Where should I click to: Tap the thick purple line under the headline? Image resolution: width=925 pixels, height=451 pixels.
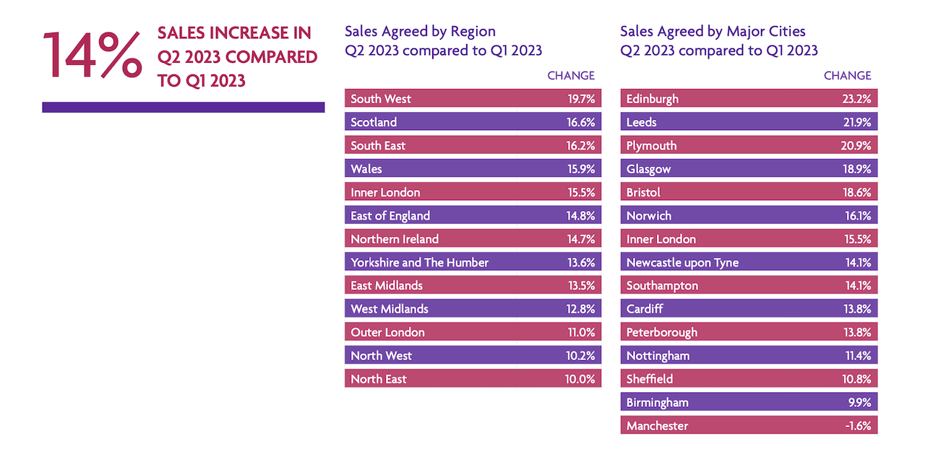[183, 107]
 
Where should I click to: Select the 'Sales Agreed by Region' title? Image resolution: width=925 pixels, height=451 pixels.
[420, 31]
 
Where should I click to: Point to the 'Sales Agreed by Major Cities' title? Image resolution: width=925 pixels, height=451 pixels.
[713, 31]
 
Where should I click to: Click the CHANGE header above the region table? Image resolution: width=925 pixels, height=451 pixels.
[571, 75]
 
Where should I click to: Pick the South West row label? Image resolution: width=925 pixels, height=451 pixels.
[381, 99]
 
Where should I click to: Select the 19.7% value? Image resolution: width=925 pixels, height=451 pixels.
[581, 99]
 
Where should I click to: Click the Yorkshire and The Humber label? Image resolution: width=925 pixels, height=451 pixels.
[419, 262]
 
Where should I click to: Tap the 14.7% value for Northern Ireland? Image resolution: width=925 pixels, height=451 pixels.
[581, 239]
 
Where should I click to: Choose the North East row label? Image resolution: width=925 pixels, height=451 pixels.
[379, 379]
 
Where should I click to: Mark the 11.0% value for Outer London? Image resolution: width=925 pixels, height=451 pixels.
[581, 332]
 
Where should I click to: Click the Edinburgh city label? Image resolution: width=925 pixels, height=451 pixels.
[653, 99]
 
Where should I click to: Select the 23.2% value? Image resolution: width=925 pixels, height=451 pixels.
[857, 99]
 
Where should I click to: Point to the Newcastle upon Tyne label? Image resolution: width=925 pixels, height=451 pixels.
[682, 262]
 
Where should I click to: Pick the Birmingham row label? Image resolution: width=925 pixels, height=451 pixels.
[657, 403]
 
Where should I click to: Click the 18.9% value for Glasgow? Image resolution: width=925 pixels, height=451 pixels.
[857, 169]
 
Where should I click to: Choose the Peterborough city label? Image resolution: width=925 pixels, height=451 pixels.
[662, 332]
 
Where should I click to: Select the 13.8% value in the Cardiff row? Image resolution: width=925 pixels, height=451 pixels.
[857, 309]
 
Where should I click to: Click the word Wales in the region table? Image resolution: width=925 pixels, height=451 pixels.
[366, 169]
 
